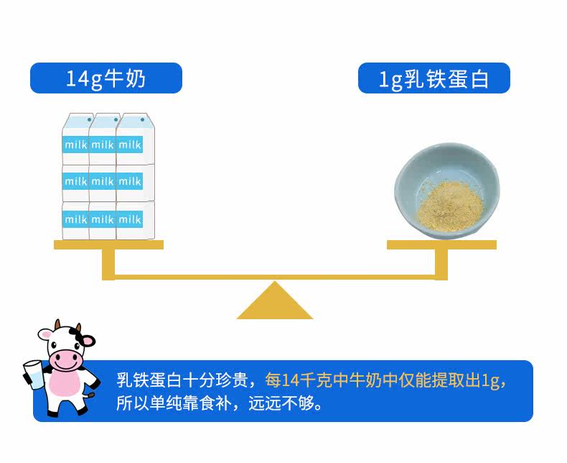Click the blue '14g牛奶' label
(x=106, y=78)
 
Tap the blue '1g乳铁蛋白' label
(x=434, y=78)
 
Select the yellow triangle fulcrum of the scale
(x=275, y=301)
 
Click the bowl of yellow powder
(x=447, y=191)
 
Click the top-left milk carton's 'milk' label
(x=75, y=145)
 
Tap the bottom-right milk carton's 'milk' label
(x=130, y=219)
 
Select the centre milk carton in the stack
(x=103, y=183)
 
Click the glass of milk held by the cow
(x=33, y=375)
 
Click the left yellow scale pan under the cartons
(x=108, y=245)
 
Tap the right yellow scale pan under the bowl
(x=441, y=245)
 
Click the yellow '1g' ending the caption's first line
(x=491, y=381)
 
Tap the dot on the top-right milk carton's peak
(x=143, y=119)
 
